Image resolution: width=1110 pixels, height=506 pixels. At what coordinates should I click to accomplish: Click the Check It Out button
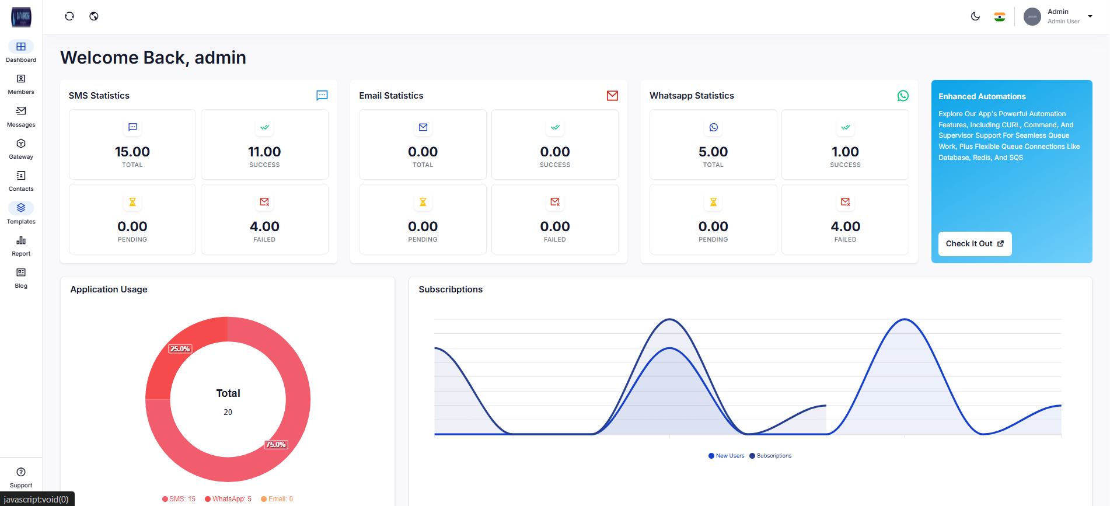click(x=974, y=244)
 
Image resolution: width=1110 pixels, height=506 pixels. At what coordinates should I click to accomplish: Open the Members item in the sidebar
click(x=21, y=84)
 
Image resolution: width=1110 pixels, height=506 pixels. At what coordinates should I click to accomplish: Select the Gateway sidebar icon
click(x=21, y=149)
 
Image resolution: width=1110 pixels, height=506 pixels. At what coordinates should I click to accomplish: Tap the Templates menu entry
click(x=21, y=213)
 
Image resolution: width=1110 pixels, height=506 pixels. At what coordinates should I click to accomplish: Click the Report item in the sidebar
click(x=21, y=246)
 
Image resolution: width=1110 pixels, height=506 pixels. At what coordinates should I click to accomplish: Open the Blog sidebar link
click(x=21, y=278)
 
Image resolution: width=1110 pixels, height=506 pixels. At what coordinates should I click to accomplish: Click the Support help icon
click(x=21, y=472)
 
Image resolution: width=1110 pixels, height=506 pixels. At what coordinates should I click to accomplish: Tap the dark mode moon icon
click(x=975, y=16)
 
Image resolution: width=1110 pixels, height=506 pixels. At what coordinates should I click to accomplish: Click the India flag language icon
click(x=1000, y=17)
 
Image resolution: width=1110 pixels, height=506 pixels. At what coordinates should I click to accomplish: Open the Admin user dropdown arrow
click(x=1090, y=16)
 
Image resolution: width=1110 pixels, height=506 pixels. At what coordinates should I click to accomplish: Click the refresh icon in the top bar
click(x=69, y=16)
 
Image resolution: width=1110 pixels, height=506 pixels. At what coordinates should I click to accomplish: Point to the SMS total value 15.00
click(x=132, y=152)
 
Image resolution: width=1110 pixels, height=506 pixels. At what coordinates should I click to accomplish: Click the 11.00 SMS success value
click(x=264, y=152)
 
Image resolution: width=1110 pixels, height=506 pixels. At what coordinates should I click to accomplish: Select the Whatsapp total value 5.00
click(x=713, y=152)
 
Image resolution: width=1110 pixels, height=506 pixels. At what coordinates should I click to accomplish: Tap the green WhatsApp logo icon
click(x=903, y=96)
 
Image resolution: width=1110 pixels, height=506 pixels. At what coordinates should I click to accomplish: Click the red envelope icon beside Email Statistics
click(x=612, y=96)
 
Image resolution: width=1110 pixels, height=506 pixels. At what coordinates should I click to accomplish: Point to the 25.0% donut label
click(x=180, y=349)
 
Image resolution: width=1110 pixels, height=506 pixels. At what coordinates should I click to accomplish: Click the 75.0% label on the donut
click(x=276, y=445)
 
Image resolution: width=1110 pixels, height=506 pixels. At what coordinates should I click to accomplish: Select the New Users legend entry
click(x=727, y=456)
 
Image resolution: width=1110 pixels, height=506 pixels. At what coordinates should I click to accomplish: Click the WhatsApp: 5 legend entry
click(x=228, y=499)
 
